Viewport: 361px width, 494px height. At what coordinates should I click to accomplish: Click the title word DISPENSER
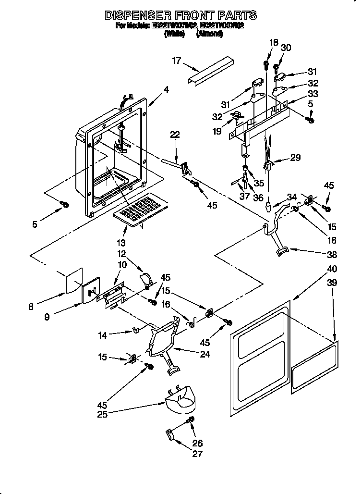point(136,16)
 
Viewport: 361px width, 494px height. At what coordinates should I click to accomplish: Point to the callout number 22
point(175,135)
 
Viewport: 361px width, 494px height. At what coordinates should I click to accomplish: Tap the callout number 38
point(331,255)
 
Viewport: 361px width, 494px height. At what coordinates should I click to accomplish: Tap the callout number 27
point(197,454)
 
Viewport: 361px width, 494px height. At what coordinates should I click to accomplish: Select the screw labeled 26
point(191,421)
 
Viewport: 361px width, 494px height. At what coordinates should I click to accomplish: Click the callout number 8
point(31,307)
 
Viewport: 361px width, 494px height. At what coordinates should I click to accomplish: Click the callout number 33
point(313,93)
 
